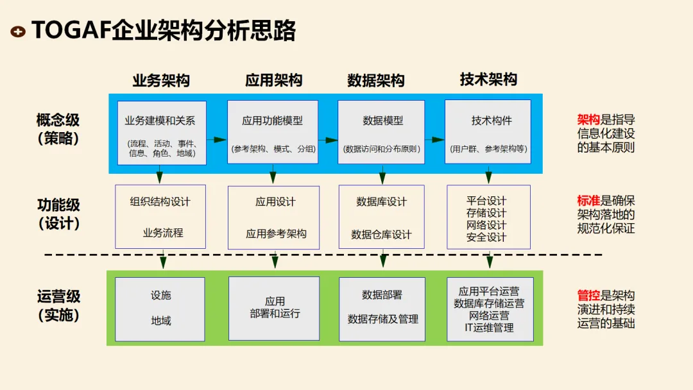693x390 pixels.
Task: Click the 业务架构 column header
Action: (x=161, y=81)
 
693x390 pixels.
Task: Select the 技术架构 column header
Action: (x=488, y=80)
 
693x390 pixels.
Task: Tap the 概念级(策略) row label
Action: (x=58, y=129)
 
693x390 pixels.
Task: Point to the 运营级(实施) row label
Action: (x=58, y=306)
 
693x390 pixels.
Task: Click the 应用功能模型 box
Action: (x=273, y=132)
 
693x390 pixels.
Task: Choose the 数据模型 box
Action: (x=382, y=132)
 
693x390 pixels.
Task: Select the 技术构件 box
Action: (x=488, y=132)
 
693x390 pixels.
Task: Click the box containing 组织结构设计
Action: (x=160, y=217)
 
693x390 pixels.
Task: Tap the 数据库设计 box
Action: (x=382, y=217)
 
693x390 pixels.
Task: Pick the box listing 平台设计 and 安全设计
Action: (x=488, y=217)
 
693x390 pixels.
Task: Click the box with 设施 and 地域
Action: (x=160, y=309)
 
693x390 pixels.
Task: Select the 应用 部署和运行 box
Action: (x=274, y=309)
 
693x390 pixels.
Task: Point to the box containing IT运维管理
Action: (x=490, y=309)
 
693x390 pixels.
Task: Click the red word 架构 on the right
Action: (x=588, y=120)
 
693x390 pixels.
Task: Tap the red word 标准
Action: (x=588, y=201)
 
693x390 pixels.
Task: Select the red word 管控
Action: (x=588, y=296)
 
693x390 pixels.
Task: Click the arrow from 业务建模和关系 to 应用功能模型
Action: (x=217, y=139)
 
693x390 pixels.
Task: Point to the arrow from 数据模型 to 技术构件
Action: (x=434, y=139)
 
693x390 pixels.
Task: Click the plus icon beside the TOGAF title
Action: (x=19, y=31)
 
